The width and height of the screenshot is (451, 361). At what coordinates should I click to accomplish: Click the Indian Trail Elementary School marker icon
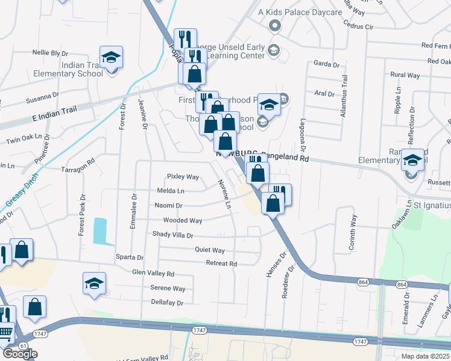111,58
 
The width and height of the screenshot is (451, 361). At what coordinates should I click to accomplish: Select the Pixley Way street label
183,177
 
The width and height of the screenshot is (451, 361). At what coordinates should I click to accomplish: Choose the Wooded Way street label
179,221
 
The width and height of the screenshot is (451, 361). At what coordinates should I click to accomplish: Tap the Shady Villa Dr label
172,235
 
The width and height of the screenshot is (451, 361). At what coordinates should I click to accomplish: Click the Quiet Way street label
210,250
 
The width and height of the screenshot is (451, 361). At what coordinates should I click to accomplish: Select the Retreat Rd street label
221,264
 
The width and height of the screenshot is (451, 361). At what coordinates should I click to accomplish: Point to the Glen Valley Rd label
153,273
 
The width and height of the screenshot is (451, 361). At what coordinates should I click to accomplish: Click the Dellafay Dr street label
167,302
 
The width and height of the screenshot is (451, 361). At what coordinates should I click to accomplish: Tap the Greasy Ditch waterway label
16,191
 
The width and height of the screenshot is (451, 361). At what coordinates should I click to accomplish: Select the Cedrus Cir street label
358,27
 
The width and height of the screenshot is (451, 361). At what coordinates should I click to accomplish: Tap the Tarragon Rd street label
78,161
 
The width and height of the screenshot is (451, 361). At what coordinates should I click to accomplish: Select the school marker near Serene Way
94,283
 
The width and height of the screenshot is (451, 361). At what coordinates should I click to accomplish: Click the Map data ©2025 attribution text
424,356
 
